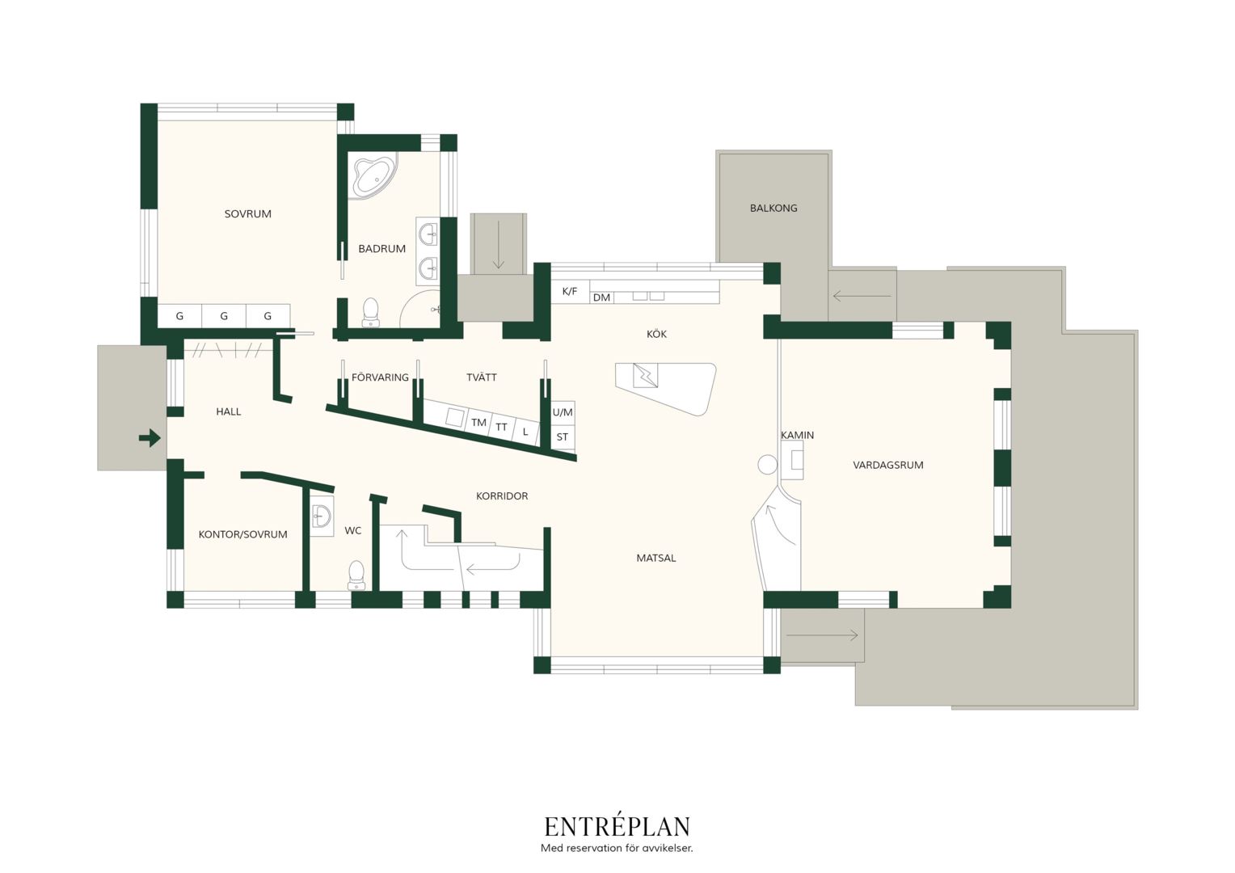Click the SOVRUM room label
pyautogui.click(x=247, y=214)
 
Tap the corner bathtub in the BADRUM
pyautogui.click(x=373, y=176)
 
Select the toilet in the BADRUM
pyautogui.click(x=370, y=311)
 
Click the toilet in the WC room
pyautogui.click(x=356, y=576)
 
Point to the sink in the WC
pyautogui.click(x=321, y=516)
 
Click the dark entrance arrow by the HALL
pyautogui.click(x=150, y=438)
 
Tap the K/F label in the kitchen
pyautogui.click(x=570, y=291)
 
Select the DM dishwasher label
pyautogui.click(x=601, y=297)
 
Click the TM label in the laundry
pyautogui.click(x=478, y=423)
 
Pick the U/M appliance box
pyautogui.click(x=563, y=412)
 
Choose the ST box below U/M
pyautogui.click(x=563, y=437)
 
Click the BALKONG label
pyautogui.click(x=773, y=209)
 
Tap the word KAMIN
pyautogui.click(x=797, y=435)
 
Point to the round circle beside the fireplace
pyautogui.click(x=768, y=465)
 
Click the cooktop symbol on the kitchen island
pyautogui.click(x=645, y=376)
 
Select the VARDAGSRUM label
pyautogui.click(x=888, y=465)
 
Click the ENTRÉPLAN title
pyautogui.click(x=617, y=827)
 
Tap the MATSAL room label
pyautogui.click(x=656, y=558)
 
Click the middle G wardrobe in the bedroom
pyautogui.click(x=224, y=316)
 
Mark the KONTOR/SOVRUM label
pyautogui.click(x=242, y=534)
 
